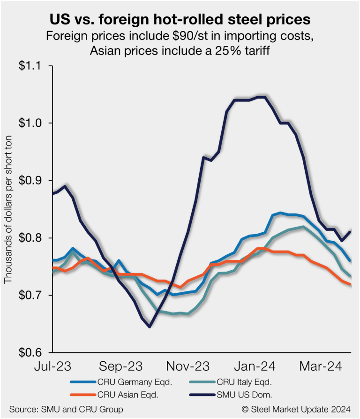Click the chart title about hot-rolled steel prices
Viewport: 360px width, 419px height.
coord(180,20)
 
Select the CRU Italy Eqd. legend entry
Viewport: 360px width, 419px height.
coord(244,382)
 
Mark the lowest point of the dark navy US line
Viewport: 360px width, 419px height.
coord(150,327)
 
